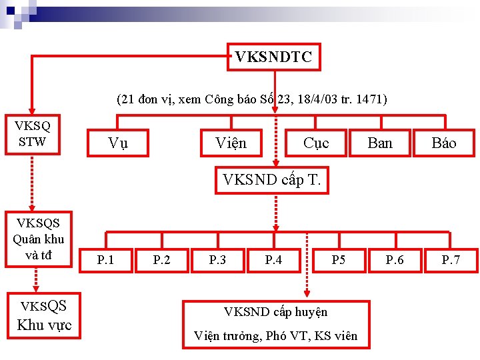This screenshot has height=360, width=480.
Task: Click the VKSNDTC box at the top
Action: pyautogui.click(x=273, y=57)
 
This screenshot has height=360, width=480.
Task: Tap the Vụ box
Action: pyautogui.click(x=118, y=143)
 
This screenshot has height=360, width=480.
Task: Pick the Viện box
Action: pyautogui.click(x=231, y=143)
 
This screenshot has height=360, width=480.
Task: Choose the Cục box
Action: pyautogui.click(x=315, y=143)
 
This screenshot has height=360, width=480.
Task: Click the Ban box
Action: pyautogui.click(x=379, y=143)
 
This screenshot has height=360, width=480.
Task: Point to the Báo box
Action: pyautogui.click(x=443, y=143)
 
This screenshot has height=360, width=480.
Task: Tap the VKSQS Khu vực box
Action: pyautogui.click(x=43, y=315)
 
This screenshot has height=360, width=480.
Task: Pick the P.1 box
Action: pyautogui.click(x=105, y=259)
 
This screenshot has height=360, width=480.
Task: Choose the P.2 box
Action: pyautogui.click(x=161, y=259)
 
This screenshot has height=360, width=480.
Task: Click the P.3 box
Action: pyautogui.click(x=217, y=259)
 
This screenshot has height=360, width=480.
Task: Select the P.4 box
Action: pyautogui.click(x=273, y=259)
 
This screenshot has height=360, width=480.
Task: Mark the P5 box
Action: pyautogui.click(x=339, y=259)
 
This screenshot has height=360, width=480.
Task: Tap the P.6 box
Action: pyautogui.click(x=395, y=259)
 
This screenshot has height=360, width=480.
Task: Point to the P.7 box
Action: pyautogui.click(x=451, y=259)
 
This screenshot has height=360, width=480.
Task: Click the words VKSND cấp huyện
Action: pyautogui.click(x=275, y=311)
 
